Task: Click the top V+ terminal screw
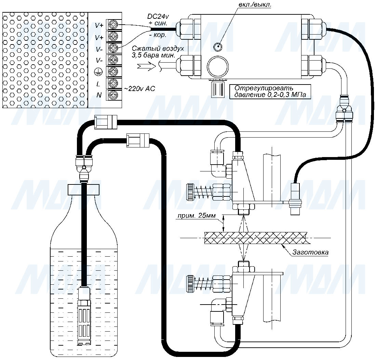[x=113, y=25]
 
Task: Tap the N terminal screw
[x=113, y=95]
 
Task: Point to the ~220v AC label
[x=139, y=89]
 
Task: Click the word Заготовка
[x=310, y=253]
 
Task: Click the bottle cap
[x=84, y=189]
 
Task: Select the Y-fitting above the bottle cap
[x=84, y=166]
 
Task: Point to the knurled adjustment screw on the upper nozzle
[x=190, y=192]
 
